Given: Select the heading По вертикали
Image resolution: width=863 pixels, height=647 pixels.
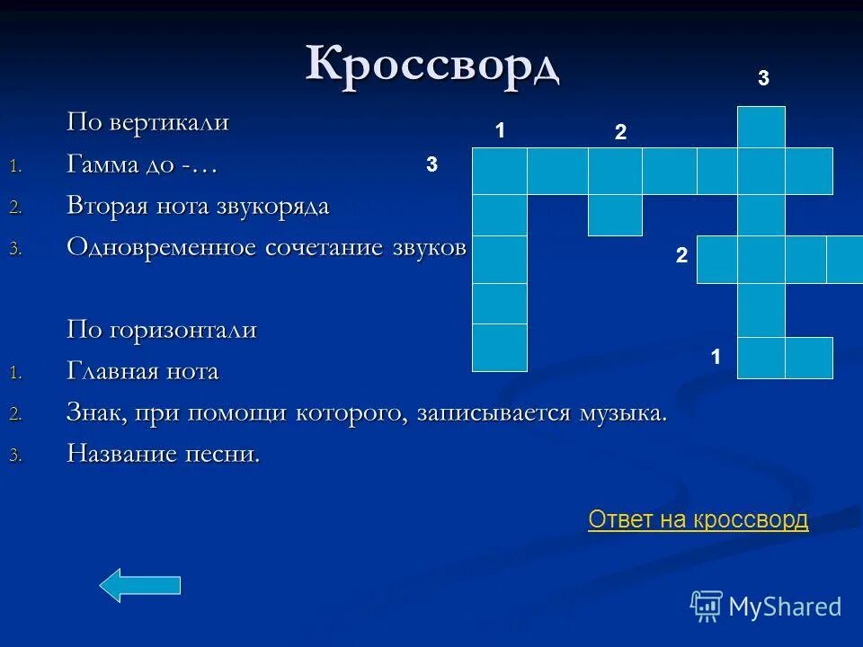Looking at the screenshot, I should (x=147, y=123).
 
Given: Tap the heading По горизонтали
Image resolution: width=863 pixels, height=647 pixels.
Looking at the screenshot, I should (x=162, y=330).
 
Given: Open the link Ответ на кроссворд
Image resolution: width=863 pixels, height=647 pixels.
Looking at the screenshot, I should (x=698, y=519).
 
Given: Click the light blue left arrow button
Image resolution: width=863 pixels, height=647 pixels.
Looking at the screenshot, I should (x=139, y=585).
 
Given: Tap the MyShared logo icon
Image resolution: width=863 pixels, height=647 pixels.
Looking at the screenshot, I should (x=706, y=607).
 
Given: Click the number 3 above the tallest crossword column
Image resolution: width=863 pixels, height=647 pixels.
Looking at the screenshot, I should (x=762, y=79).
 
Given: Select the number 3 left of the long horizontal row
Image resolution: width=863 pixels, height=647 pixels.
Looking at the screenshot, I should (x=431, y=164).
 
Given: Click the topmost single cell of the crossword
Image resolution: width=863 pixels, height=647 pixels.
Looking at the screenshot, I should (x=761, y=127).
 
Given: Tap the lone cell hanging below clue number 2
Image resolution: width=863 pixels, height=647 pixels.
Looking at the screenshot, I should (x=615, y=215).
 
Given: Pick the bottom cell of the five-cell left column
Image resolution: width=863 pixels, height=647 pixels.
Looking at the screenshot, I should (x=499, y=348).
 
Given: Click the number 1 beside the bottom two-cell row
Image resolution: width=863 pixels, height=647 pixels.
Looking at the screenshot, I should (x=716, y=357).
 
